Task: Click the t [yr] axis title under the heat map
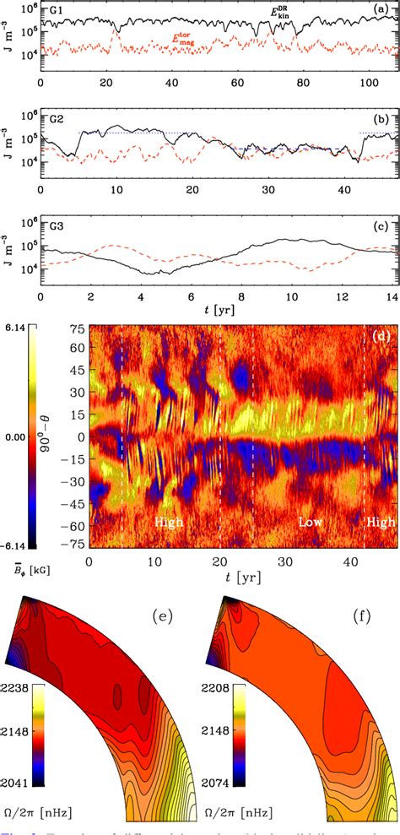pyautogui.click(x=226, y=574)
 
